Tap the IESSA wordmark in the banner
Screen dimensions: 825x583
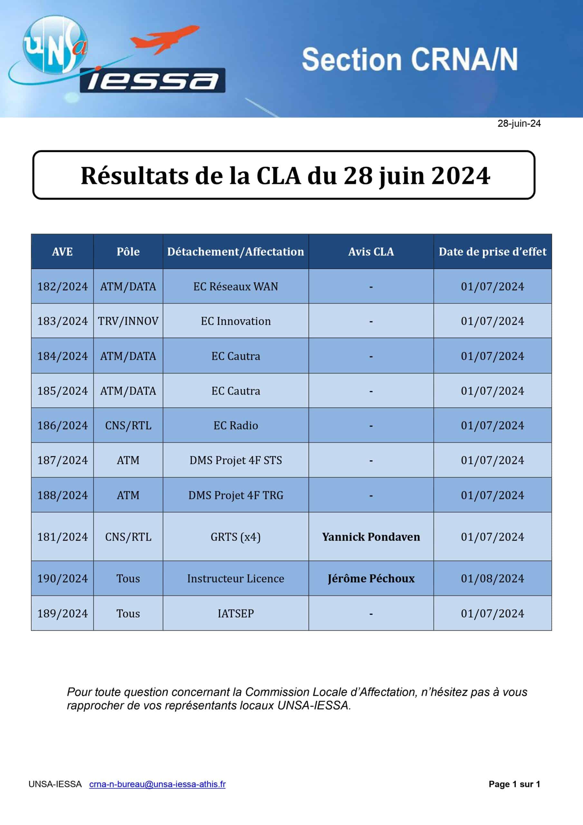pos(153,81)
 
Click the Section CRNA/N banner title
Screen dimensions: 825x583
pos(409,59)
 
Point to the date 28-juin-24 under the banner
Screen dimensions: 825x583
pos(519,123)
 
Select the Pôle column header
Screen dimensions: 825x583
pos(128,251)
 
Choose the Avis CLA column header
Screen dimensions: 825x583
pos(371,251)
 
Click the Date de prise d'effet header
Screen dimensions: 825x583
pos(492,251)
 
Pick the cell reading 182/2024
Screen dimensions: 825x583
pos(62,286)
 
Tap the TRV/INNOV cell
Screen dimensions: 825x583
pos(128,321)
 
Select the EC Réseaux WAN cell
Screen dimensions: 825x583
pos(236,286)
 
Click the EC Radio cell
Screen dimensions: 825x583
pos(236,425)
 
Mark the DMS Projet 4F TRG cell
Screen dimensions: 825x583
pos(236,495)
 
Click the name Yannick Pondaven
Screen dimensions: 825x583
pos(371,537)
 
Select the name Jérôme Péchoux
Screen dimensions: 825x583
pos(371,578)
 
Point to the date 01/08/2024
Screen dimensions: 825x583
pos(492,578)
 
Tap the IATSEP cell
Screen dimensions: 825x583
pos(236,613)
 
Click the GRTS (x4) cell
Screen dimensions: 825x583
pos(236,537)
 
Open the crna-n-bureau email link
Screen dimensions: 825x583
pos(157,784)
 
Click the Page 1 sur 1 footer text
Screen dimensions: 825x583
pos(514,784)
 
